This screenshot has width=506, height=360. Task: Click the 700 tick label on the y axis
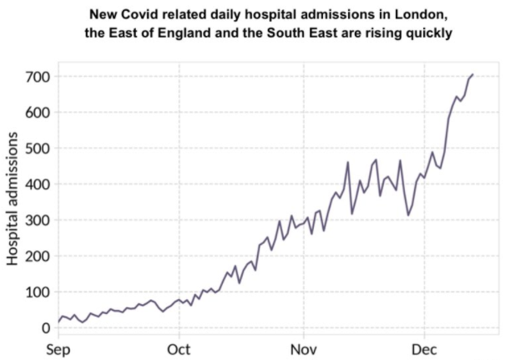point(38,77)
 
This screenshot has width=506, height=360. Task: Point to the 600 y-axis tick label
point(38,113)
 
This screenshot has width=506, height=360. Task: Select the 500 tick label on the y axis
point(38,149)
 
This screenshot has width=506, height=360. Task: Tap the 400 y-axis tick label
point(38,185)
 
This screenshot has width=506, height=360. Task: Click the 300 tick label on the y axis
point(38,221)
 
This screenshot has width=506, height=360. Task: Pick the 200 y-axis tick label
point(38,256)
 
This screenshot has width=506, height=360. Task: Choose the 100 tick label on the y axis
point(38,292)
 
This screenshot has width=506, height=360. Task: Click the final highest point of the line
point(473,74)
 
